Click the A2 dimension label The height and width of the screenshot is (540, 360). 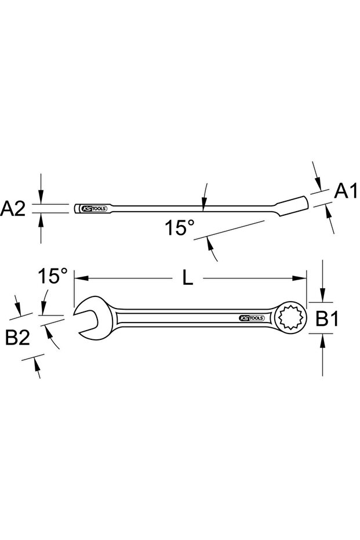point(13,209)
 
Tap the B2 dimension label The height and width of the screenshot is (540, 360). point(18,338)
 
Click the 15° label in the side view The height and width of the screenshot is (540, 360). point(178,228)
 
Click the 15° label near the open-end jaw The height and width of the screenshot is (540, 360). point(53,276)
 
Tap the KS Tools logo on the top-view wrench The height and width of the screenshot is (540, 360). point(251,318)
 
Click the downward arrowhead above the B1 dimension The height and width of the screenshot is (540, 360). point(322,298)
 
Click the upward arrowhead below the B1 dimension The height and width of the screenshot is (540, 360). point(322,338)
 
